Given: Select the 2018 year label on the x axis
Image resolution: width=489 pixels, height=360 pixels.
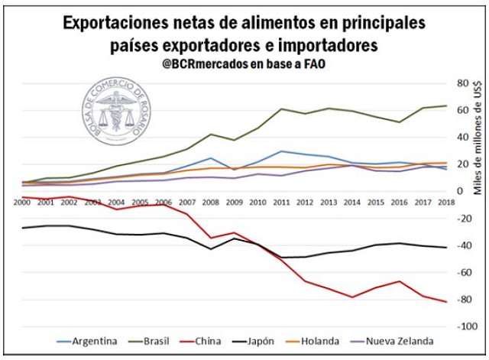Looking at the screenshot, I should pyautogui.click(x=445, y=202).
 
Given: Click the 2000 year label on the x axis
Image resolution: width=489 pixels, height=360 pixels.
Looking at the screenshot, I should pyautogui.click(x=21, y=202).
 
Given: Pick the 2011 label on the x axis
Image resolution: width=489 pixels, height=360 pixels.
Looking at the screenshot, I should pyautogui.click(x=280, y=202).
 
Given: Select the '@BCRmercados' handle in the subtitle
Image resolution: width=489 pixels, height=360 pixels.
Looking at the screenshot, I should pyautogui.click(x=202, y=65).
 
